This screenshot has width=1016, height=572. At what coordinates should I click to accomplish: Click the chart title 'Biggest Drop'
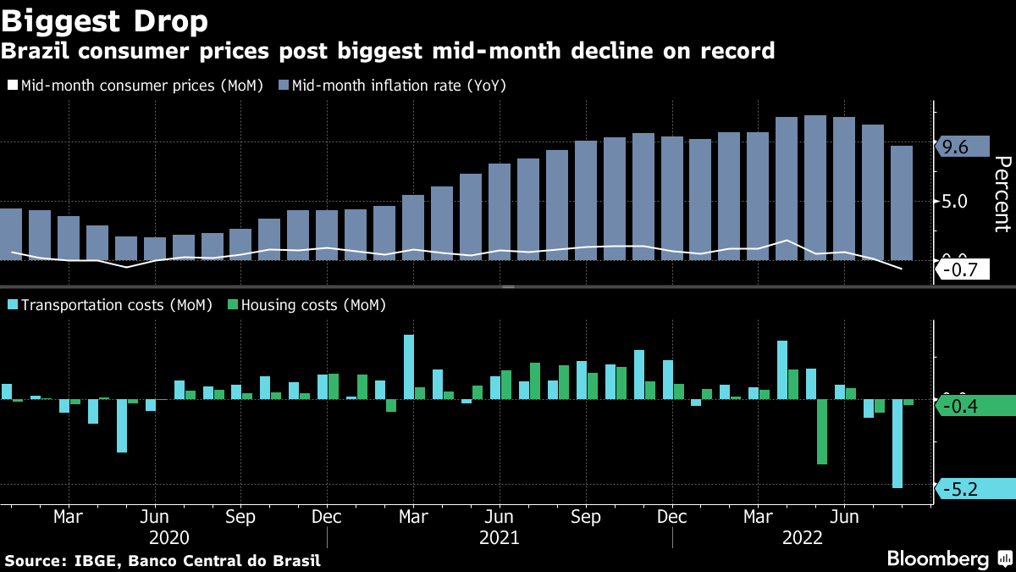(x=105, y=19)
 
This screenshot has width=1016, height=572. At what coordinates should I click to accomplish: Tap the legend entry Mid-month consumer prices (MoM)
(x=135, y=86)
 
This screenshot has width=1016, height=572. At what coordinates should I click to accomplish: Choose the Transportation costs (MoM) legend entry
(x=109, y=305)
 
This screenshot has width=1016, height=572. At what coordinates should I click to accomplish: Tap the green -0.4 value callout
(x=965, y=407)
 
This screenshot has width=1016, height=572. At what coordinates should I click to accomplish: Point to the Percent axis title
(x=1002, y=193)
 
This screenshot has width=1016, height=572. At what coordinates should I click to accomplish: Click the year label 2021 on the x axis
(x=500, y=537)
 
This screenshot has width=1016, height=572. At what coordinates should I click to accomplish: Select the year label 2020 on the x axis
(x=169, y=537)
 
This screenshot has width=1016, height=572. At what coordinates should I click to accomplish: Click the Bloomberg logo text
(x=937, y=559)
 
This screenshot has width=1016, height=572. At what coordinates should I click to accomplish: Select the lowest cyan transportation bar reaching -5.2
(x=897, y=442)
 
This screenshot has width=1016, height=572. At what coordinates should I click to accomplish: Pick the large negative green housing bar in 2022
(x=822, y=431)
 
